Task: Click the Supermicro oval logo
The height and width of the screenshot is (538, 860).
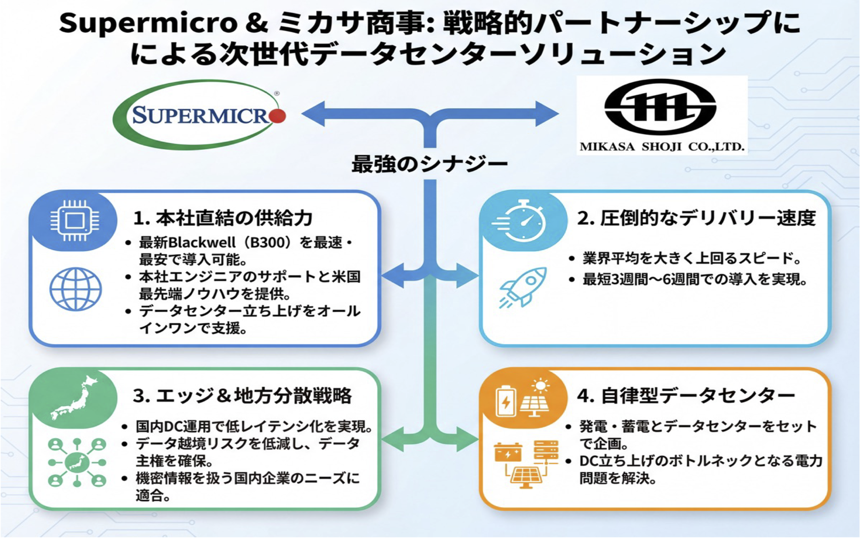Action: [x=199, y=115]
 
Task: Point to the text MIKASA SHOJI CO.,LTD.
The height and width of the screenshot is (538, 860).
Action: [x=662, y=147]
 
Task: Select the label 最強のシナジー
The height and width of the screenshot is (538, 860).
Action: [x=429, y=165]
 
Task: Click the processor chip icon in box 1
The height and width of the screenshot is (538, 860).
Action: [x=75, y=221]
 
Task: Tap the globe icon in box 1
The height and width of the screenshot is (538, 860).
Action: [x=76, y=289]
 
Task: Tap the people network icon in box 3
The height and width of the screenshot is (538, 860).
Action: [x=77, y=462]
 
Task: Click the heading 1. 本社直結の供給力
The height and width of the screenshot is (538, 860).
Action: [x=223, y=218]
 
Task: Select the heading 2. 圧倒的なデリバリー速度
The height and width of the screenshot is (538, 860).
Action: [x=696, y=218]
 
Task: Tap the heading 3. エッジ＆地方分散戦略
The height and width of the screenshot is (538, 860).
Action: [x=242, y=396]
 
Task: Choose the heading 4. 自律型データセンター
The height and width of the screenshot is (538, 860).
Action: [x=686, y=396]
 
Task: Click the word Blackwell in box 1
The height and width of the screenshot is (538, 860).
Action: [x=202, y=243]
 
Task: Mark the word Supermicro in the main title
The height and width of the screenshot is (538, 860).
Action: [x=148, y=23]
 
